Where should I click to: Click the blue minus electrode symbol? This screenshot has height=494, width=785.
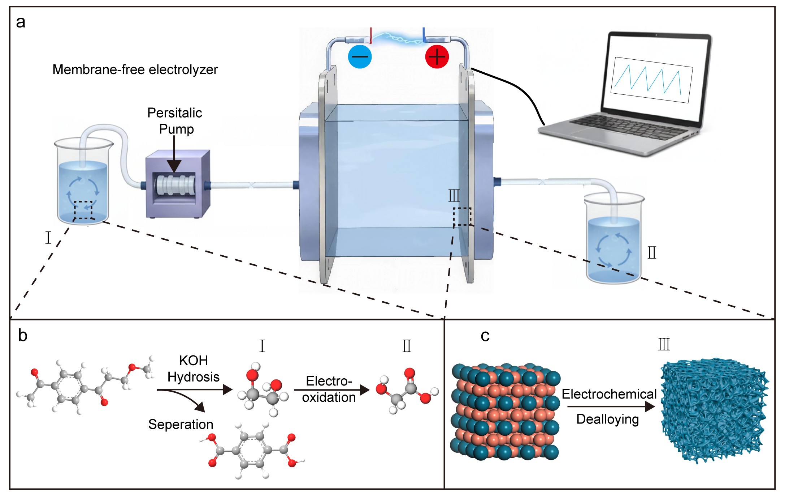(360, 57)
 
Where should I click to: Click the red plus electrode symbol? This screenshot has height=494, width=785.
(437, 57)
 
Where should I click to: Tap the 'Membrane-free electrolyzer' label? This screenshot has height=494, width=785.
(135, 69)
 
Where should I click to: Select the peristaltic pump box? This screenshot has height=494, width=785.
(177, 184)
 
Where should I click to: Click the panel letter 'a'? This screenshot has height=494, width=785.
(21, 22)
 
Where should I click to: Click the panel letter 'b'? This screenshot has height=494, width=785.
(22, 336)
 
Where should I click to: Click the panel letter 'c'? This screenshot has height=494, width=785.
(485, 336)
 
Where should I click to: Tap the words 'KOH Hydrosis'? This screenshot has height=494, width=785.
(194, 369)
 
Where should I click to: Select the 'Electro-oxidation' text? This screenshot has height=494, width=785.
(329, 389)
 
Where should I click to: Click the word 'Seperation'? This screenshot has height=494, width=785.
(181, 424)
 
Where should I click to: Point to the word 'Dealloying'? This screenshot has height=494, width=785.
(608, 419)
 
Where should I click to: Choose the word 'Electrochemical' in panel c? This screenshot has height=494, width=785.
(609, 394)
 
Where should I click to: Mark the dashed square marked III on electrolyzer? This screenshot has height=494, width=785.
(462, 217)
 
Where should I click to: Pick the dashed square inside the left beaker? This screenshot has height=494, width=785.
(83, 210)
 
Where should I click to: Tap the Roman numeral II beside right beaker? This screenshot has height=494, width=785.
(652, 252)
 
